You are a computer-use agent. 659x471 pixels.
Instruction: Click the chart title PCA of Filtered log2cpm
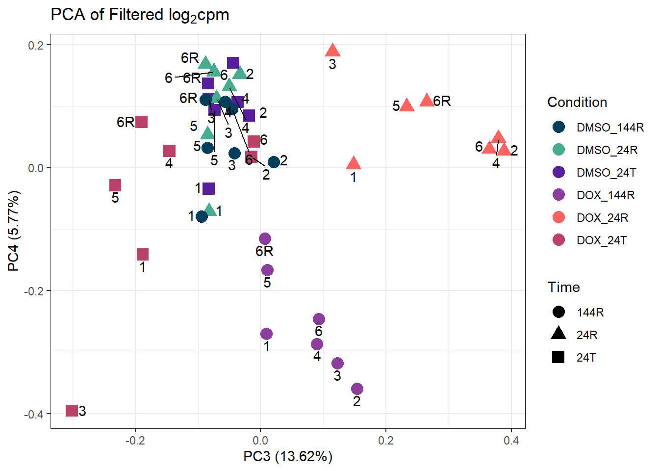(140, 15)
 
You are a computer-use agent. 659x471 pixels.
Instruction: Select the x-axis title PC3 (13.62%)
(288, 457)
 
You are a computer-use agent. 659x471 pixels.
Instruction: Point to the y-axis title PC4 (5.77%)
(14, 231)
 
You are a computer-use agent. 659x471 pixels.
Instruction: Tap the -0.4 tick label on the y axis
(34, 414)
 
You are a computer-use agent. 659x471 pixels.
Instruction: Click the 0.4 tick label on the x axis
(511, 441)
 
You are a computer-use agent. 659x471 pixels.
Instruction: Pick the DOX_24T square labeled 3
(72, 410)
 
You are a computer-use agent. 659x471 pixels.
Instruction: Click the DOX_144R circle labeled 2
(357, 389)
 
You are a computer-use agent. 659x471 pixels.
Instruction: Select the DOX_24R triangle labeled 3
(333, 50)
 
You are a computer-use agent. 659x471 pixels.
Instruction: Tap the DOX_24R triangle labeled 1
(354, 164)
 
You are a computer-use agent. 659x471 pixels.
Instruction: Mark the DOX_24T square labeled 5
(115, 185)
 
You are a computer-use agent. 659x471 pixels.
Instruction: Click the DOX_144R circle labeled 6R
(265, 239)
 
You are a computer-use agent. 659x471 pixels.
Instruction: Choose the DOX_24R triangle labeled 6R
(427, 101)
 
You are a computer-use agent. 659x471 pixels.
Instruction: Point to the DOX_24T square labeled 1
(143, 254)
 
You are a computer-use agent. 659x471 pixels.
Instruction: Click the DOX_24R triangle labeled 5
(406, 105)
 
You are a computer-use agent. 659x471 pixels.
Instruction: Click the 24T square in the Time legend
(558, 357)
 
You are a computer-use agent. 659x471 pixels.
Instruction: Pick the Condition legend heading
(577, 102)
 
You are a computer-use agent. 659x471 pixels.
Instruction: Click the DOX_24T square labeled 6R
(141, 122)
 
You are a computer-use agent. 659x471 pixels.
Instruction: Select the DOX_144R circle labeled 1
(266, 334)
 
